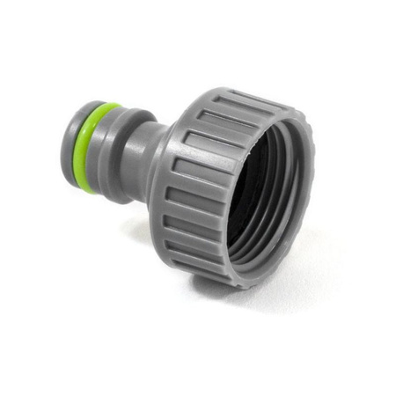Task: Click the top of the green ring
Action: [106, 108]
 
